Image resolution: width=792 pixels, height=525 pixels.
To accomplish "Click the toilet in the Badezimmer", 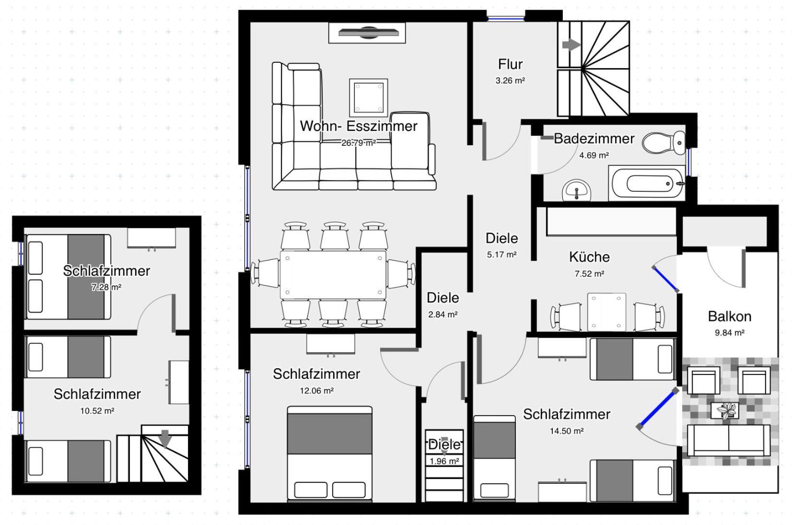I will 664,142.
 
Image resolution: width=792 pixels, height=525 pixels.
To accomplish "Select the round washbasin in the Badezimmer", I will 576,191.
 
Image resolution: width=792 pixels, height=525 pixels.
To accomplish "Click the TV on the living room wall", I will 368,33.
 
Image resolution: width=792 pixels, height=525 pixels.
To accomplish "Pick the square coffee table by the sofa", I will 368,97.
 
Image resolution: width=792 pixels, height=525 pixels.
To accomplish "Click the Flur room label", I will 510,64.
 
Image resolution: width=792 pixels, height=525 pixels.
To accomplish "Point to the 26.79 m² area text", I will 358,143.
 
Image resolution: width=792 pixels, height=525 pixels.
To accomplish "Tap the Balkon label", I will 729,316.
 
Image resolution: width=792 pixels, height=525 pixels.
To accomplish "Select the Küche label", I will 589,257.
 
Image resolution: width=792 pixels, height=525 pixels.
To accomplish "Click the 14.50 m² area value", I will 566,431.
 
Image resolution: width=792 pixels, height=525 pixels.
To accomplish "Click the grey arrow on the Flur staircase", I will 571,45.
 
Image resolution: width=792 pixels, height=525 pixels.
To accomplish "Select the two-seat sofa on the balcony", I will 728,439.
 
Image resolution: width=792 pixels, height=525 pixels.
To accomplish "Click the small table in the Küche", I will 606,312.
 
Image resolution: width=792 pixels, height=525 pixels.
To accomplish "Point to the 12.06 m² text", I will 316,391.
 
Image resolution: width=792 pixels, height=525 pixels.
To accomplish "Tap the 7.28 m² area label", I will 106,288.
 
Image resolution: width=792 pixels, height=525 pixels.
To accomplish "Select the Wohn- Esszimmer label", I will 358,126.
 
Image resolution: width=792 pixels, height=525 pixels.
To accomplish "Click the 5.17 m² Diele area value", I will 501,255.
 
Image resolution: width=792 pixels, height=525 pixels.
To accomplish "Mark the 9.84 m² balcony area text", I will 729,333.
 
